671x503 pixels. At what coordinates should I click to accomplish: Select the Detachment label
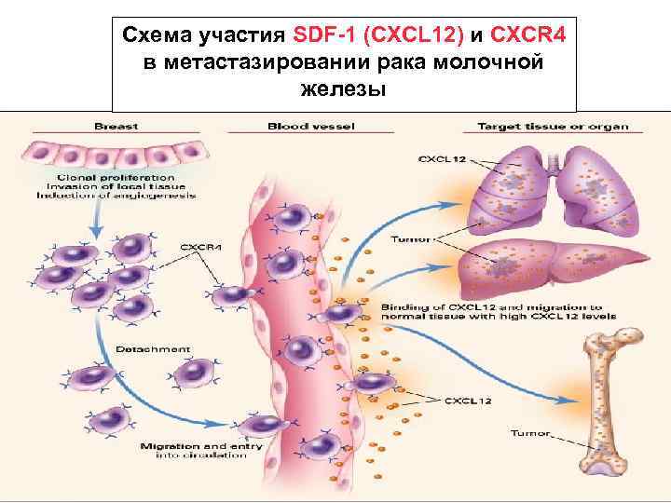pos(153,349)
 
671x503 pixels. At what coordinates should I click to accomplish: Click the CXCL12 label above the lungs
pos(444,158)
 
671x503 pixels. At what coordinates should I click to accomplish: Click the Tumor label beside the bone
pos(531,432)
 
